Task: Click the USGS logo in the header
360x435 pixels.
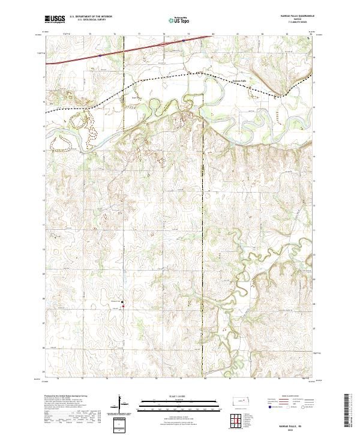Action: click(x=55, y=19)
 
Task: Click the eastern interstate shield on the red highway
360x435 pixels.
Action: click(x=164, y=44)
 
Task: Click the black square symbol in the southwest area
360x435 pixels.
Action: click(x=122, y=302)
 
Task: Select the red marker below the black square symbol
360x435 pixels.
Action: click(x=123, y=308)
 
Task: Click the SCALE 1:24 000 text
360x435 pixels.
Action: click(x=171, y=395)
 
